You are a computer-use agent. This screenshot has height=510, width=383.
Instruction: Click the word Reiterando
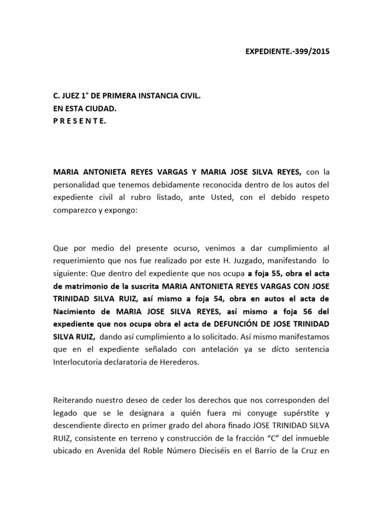click(x=73, y=401)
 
